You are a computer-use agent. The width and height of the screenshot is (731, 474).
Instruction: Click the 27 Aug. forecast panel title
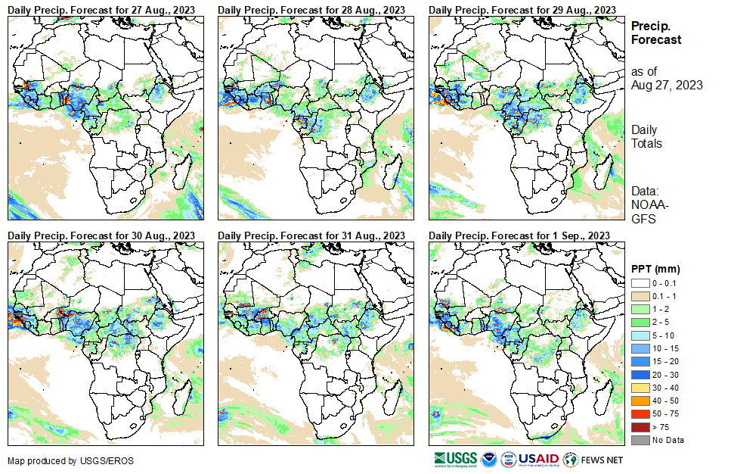[101, 8]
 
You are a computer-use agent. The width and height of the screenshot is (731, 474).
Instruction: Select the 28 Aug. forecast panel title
[311, 8]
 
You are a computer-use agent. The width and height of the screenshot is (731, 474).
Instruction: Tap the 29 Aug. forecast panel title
[522, 8]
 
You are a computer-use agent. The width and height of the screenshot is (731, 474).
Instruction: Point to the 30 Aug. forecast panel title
[101, 235]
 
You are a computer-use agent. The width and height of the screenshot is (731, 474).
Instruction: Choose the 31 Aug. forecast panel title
[311, 235]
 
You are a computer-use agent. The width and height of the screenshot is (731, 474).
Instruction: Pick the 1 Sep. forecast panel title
[519, 235]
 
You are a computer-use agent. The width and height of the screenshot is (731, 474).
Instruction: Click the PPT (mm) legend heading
[655, 269]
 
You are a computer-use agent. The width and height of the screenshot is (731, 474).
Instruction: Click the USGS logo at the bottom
[455, 460]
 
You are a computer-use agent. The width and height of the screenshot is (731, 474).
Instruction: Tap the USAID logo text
[539, 460]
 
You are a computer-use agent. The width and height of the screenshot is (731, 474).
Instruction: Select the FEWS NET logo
[594, 460]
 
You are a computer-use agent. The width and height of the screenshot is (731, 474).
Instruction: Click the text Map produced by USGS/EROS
[53, 461]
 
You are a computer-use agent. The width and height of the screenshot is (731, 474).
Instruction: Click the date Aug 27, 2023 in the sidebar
[667, 85]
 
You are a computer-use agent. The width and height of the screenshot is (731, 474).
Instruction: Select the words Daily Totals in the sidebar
[647, 136]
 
